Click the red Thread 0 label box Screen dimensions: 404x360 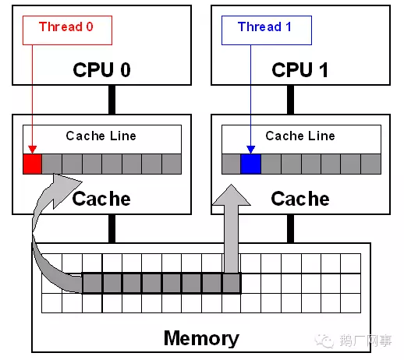(67, 30)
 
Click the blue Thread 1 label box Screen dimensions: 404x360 (267, 30)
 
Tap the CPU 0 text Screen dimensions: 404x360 (101, 69)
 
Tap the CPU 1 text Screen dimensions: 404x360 (299, 69)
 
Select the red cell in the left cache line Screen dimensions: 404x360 (32, 164)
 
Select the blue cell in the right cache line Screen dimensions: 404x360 (250, 164)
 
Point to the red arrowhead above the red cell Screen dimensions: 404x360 (32, 150)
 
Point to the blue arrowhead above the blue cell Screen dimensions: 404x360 (250, 150)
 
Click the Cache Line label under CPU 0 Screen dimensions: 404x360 (101, 136)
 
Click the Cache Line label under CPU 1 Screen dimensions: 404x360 (300, 136)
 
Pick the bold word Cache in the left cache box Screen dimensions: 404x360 (101, 199)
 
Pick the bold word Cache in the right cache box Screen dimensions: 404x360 (300, 199)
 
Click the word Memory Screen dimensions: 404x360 (201, 338)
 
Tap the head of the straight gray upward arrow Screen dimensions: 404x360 (232, 196)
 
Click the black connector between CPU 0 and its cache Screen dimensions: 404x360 (112, 100)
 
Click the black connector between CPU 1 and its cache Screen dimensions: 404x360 (290, 100)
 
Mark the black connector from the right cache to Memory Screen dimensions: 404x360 (290, 229)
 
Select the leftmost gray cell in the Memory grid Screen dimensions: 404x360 (92, 283)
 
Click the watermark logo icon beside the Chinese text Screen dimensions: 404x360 (324, 341)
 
